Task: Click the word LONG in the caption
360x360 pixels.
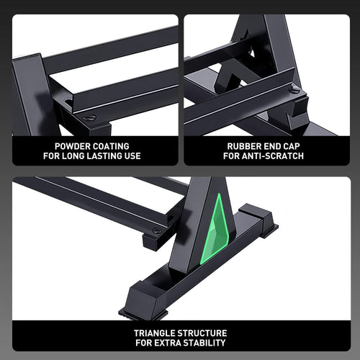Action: tap(72, 156)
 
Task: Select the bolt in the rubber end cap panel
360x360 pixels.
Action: tap(294, 89)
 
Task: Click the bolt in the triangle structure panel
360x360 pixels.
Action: tap(156, 232)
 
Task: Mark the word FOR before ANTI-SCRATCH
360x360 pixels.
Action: tap(233, 156)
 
